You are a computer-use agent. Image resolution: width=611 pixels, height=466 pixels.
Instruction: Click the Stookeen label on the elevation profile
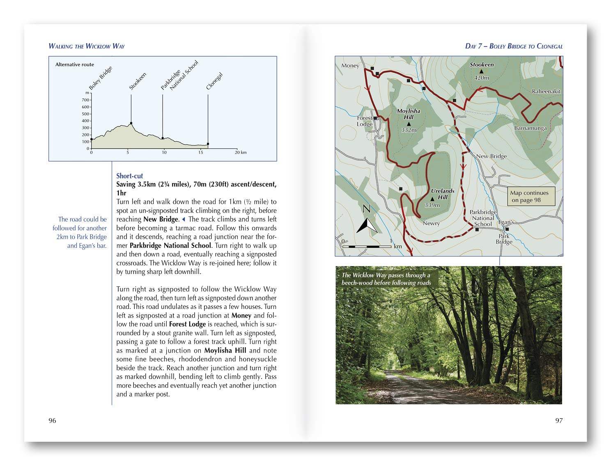[x=138, y=81]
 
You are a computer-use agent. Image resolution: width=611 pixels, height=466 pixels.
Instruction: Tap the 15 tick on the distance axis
[x=200, y=152]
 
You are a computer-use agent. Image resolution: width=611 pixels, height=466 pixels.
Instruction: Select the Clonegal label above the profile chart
[x=214, y=81]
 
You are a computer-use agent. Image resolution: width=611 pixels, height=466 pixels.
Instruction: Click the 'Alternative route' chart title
[x=75, y=65]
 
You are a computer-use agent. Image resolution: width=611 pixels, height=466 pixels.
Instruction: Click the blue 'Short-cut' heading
[x=129, y=176]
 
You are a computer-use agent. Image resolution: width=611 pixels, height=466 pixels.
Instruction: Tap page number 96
[x=52, y=420]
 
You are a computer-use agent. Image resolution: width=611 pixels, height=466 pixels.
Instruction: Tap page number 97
[x=559, y=420]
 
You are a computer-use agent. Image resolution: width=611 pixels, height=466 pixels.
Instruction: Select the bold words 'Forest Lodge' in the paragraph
[x=187, y=324]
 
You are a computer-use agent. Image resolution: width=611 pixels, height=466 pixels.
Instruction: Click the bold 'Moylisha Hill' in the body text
[x=225, y=351]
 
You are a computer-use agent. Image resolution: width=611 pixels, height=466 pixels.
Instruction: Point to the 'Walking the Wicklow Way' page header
[x=87, y=46]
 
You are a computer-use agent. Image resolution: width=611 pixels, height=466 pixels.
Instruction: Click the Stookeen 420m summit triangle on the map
[x=482, y=72]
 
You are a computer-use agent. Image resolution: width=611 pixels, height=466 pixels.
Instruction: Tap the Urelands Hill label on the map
[x=442, y=194]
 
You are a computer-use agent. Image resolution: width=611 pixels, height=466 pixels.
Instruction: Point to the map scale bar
[x=367, y=246]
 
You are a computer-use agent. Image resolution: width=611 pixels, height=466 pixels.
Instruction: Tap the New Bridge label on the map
[x=491, y=156]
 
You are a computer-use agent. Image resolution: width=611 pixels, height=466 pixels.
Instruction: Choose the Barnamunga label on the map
[x=530, y=128]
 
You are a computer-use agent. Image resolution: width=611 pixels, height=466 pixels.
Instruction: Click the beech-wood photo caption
[x=386, y=279]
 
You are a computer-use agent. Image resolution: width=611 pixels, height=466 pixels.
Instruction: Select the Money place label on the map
[x=350, y=66]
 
